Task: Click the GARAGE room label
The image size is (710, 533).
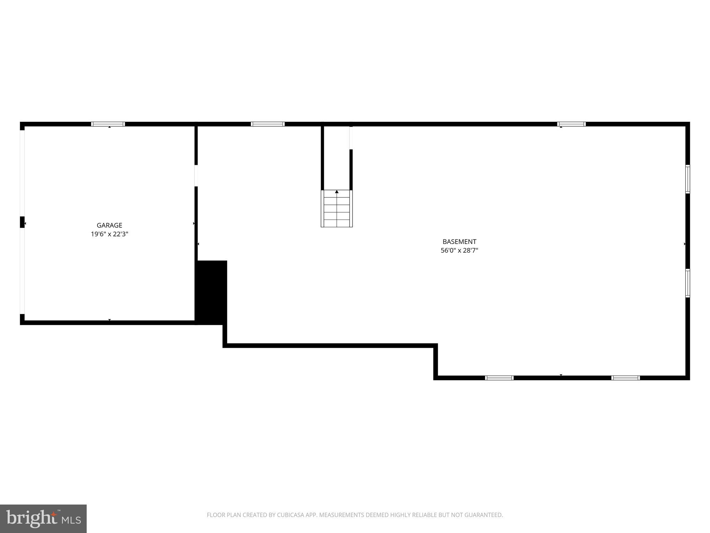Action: (109, 225)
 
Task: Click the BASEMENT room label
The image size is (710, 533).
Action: (459, 242)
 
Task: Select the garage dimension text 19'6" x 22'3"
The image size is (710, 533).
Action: (109, 234)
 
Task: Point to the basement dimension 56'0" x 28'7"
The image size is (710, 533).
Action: (459, 251)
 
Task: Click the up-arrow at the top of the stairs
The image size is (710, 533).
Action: (337, 192)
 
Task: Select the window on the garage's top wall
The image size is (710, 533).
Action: (108, 124)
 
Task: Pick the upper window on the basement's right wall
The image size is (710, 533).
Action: (687, 179)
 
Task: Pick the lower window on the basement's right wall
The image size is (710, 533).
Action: (687, 283)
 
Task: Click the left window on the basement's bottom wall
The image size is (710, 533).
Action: (499, 378)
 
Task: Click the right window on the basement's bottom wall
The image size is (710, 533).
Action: (625, 378)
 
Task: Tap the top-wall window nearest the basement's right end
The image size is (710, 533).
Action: (571, 124)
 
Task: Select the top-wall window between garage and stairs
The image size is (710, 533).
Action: (268, 124)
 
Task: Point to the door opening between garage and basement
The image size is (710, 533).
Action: (196, 176)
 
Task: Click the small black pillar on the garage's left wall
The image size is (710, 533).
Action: (22, 222)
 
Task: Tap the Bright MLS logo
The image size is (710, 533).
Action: (43, 518)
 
